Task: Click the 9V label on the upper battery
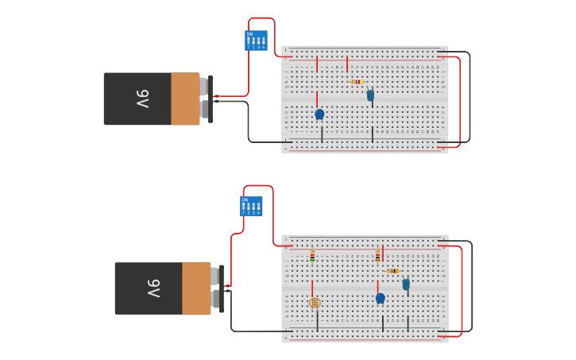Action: pos(142,99)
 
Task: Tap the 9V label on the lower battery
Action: pos(153,288)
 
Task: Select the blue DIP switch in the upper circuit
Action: pos(256,41)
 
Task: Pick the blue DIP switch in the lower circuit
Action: pos(251,207)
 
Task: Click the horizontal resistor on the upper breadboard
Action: pos(357,82)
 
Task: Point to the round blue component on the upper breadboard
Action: pos(319,114)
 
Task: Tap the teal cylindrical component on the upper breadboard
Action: pos(370,95)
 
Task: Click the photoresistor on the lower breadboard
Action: pos(315,303)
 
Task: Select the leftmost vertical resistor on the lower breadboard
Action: pos(312,256)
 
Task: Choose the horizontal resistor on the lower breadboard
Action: pos(392,271)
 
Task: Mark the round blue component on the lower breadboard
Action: pos(380,298)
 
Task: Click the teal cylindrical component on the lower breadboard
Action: pos(406,285)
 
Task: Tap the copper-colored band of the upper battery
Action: pos(185,99)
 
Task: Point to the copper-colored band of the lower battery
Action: pos(196,288)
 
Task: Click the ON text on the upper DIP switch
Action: pos(249,33)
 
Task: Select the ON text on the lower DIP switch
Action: pos(245,199)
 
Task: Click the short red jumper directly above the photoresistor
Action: pos(312,287)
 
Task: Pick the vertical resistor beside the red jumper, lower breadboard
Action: pos(377,256)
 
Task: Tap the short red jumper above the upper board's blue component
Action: pos(317,99)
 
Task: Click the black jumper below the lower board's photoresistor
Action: pos(317,320)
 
